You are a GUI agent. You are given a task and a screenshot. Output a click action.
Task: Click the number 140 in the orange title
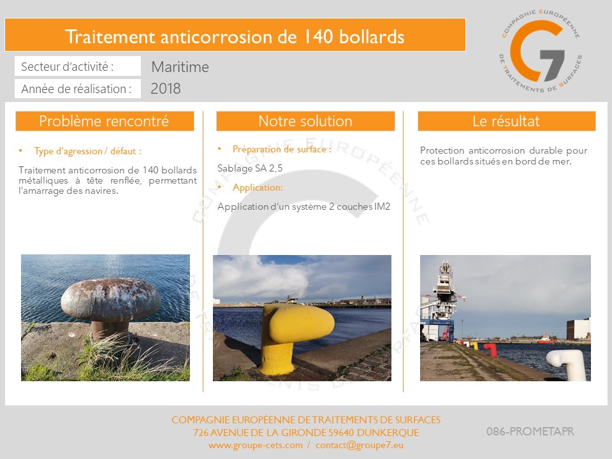pyautogui.click(x=317, y=37)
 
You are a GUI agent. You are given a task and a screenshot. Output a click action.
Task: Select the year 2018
pyautogui.click(x=166, y=89)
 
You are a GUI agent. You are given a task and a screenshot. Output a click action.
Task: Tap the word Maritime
pyautogui.click(x=180, y=67)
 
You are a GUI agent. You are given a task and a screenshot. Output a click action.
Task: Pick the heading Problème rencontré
pyautogui.click(x=104, y=121)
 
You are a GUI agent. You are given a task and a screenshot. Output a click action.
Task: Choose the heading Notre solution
pyautogui.click(x=305, y=121)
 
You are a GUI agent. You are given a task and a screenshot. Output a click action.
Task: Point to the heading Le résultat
pyautogui.click(x=506, y=121)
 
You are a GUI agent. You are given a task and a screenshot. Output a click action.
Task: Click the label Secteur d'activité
pyautogui.click(x=67, y=67)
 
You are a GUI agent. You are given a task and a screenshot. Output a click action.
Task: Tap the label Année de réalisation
pyautogui.click(x=76, y=89)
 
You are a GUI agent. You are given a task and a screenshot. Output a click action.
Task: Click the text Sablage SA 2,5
pyautogui.click(x=250, y=168)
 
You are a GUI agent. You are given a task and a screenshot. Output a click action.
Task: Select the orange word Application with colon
pyautogui.click(x=258, y=187)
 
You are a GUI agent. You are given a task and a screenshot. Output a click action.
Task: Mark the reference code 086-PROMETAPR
pyautogui.click(x=530, y=432)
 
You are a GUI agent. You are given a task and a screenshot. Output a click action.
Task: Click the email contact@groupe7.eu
pyautogui.click(x=360, y=445)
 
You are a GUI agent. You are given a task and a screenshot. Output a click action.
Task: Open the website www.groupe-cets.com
pyautogui.click(x=255, y=445)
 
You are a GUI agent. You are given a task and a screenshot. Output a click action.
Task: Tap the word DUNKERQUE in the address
pyautogui.click(x=388, y=432)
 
